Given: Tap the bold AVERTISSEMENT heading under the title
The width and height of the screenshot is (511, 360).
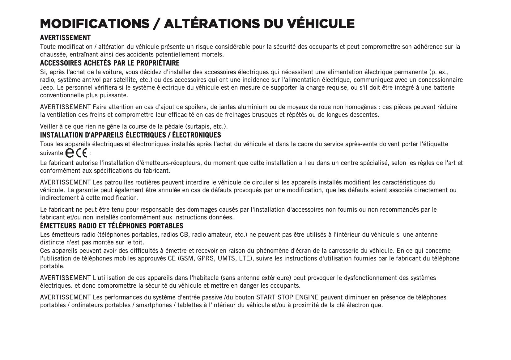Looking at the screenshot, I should click(x=65, y=38).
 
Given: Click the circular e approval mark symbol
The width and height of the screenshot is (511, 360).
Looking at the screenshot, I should click(x=70, y=153).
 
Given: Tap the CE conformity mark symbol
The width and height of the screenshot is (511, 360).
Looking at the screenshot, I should click(x=82, y=153).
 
